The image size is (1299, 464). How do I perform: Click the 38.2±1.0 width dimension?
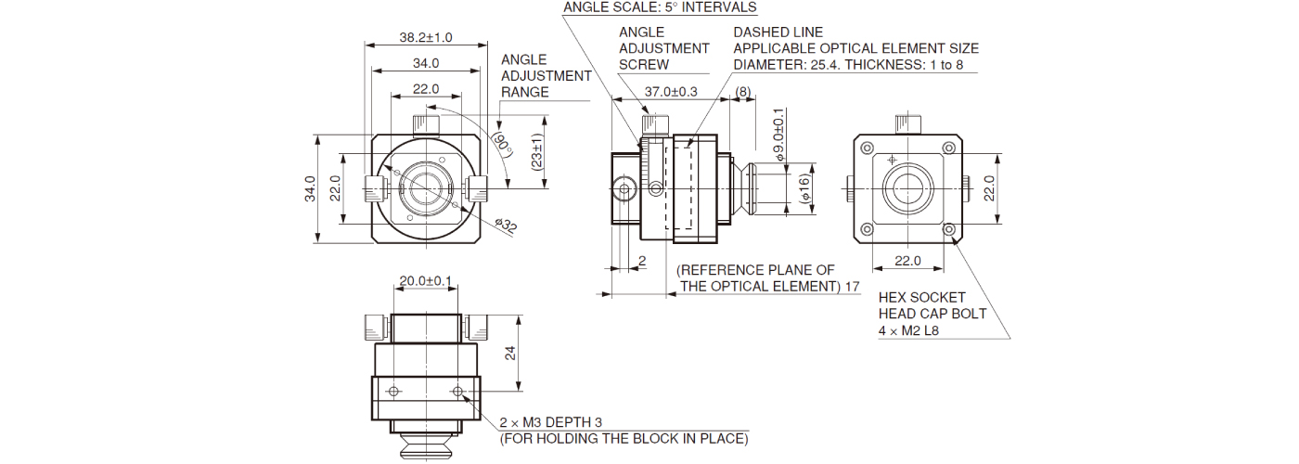coord(425,37)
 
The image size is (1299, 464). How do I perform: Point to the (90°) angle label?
coord(503,144)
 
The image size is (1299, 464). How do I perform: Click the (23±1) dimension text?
coord(538,148)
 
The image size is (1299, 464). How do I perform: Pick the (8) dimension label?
coord(742,91)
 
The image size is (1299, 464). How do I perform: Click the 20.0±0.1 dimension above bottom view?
coord(425,280)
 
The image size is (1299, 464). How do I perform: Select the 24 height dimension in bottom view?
coord(509,354)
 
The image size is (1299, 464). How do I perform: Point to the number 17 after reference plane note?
coord(852,287)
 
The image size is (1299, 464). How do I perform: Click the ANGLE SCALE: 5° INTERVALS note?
coord(660,7)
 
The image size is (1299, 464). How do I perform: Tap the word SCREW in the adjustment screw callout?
coord(643,65)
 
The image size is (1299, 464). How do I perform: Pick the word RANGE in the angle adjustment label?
coord(524,92)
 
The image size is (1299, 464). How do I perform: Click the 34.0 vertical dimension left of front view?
coord(311,188)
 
